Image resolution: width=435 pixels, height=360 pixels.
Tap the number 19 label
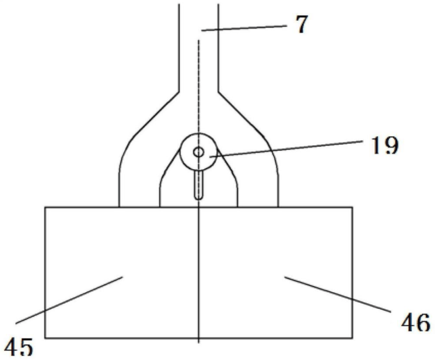click(x=385, y=145)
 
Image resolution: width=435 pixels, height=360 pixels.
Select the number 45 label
click(x=19, y=347)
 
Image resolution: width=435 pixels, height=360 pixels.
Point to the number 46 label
click(x=416, y=322)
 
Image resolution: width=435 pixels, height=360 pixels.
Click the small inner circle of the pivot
click(x=199, y=152)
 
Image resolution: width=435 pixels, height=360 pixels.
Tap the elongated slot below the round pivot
click(x=199, y=185)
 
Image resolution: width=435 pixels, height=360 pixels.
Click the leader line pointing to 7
click(x=244, y=28)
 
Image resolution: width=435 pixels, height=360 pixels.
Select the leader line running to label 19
click(x=286, y=149)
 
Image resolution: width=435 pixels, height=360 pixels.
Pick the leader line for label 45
click(x=69, y=300)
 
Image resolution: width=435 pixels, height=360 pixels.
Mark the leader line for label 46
click(x=338, y=294)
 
